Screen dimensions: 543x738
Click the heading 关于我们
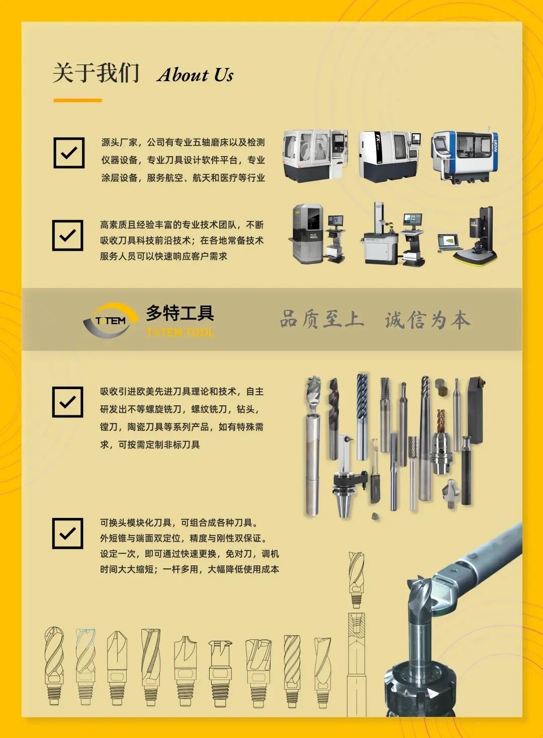96,73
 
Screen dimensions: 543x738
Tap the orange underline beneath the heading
77,100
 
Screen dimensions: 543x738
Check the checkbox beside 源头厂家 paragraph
69,153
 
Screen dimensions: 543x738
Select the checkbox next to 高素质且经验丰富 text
67,235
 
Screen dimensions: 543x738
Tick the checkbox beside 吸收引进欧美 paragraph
67,402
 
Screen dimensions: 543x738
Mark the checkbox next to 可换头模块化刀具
67,534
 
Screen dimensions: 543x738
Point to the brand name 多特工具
180,313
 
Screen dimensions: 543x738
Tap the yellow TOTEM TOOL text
180,332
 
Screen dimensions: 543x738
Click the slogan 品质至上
322,319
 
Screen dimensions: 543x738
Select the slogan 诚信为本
427,320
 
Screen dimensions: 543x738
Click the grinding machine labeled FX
389,156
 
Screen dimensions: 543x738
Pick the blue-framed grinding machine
465,157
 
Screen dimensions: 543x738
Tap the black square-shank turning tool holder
476,410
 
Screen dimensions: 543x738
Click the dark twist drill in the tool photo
333,419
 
